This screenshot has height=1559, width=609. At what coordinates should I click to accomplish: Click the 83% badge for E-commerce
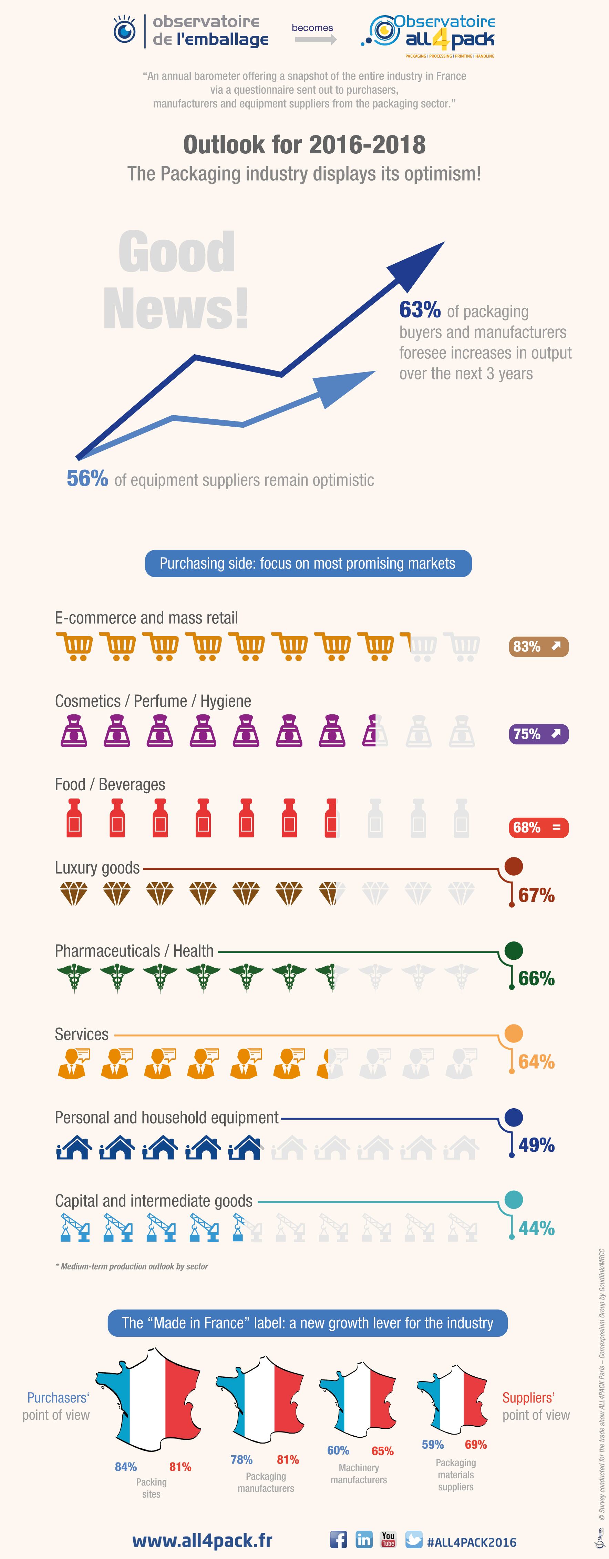point(538,646)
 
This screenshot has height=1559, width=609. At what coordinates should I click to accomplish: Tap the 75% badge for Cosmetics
point(538,734)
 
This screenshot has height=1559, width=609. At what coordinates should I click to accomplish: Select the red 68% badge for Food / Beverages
point(538,827)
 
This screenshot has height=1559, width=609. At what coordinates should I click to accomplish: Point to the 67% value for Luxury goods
point(536,895)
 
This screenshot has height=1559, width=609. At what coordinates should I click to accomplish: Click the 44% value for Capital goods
point(536,1228)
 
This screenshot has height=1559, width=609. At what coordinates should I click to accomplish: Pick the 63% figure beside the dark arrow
point(420,310)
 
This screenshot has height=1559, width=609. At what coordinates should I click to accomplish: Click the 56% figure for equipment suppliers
point(87,479)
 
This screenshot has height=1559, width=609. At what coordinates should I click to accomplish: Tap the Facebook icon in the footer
point(339,1539)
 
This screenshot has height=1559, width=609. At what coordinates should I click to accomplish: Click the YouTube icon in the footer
point(388,1539)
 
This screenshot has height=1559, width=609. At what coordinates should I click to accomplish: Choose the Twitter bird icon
point(414,1539)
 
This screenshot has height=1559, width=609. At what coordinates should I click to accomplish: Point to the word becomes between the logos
point(312,28)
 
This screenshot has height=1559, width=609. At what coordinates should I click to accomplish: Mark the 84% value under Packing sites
point(126,1466)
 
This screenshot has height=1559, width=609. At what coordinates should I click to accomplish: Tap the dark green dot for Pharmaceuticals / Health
point(514,950)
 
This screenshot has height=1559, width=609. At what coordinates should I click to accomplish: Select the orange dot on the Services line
point(514,1033)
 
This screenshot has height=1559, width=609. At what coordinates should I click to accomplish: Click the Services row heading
point(82,1034)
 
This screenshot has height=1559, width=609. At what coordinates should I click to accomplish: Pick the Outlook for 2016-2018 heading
point(304,145)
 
